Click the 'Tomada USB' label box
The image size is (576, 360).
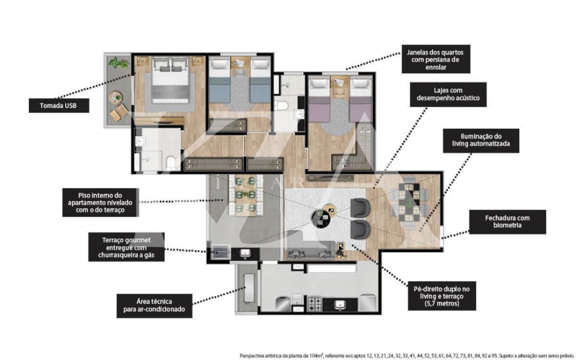click(x=59, y=106)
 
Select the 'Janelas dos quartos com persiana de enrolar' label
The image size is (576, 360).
click(x=436, y=60)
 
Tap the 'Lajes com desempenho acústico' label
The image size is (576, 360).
click(x=448, y=95)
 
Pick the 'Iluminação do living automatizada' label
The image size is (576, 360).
click(x=481, y=141)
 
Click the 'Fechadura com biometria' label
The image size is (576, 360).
click(x=507, y=222)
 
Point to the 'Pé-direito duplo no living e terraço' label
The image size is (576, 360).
click(x=442, y=296)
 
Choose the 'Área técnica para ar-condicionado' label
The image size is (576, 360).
click(x=154, y=306)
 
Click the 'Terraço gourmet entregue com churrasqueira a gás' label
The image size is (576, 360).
click(x=126, y=247)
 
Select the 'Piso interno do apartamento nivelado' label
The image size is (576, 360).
click(x=100, y=203)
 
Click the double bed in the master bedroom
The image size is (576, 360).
click(x=171, y=80)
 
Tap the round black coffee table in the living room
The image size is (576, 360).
click(x=321, y=219)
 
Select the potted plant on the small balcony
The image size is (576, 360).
click(x=118, y=63)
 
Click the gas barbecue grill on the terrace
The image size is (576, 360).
click(x=220, y=252)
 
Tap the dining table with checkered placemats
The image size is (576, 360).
click(x=408, y=202)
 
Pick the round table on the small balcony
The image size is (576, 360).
click(x=115, y=97)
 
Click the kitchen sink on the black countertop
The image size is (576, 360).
click(x=340, y=305)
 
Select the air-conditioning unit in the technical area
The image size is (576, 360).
click(x=249, y=288)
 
